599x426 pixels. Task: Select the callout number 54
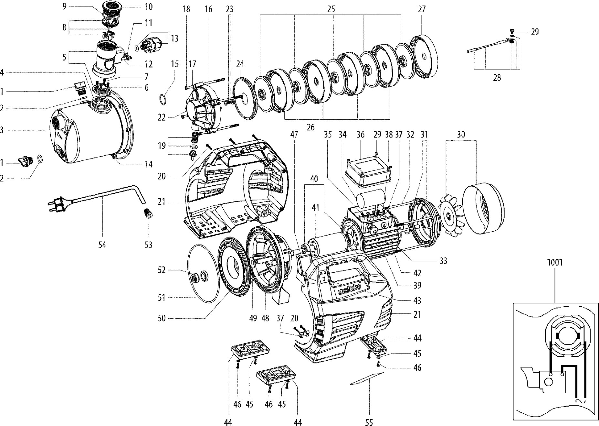tap(102, 245)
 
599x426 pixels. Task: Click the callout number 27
tap(422, 9)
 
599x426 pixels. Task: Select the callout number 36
tap(360, 134)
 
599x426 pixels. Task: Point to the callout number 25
tap(331, 9)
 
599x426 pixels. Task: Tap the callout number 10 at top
tap(149, 6)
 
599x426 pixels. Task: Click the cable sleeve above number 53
tap(148, 214)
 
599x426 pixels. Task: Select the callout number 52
tap(162, 270)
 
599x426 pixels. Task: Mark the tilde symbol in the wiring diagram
tap(580, 401)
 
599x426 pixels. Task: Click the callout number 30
tap(461, 134)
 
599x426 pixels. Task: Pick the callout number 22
tap(162, 117)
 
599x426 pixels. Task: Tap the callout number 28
tap(497, 78)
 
